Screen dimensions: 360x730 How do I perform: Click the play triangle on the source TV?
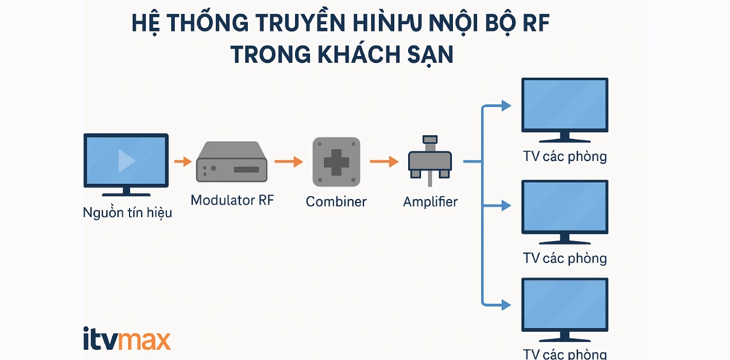click(x=126, y=160)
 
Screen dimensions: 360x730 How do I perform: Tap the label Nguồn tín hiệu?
click(x=127, y=212)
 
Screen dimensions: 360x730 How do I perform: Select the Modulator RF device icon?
click(x=232, y=162)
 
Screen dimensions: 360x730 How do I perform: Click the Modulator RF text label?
click(x=232, y=200)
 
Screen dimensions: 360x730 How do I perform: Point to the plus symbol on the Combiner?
click(x=336, y=162)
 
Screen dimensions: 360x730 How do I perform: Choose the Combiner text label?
click(x=336, y=202)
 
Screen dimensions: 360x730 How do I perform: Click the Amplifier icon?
click(x=430, y=160)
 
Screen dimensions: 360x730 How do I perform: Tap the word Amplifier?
click(x=430, y=202)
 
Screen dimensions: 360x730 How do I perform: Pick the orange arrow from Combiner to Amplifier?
click(x=384, y=162)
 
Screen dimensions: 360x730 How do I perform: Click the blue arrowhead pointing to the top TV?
click(x=506, y=106)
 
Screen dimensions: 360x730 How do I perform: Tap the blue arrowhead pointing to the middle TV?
click(x=506, y=206)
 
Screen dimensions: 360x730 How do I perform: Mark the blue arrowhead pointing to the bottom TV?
click(x=506, y=304)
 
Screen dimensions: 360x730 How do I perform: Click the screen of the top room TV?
click(x=564, y=105)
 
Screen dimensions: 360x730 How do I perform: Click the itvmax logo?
click(x=126, y=339)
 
